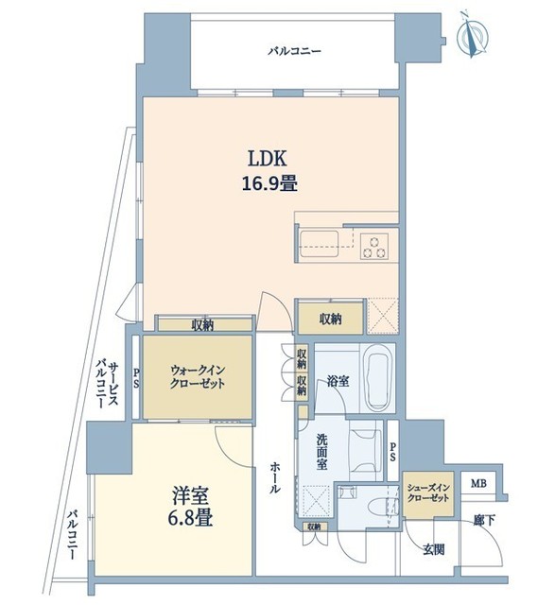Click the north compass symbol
tap(472, 36)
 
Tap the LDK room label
tap(267, 159)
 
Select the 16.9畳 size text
tap(269, 183)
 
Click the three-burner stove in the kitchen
tap(374, 247)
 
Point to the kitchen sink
tap(320, 244)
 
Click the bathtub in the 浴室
tap(378, 378)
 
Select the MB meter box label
tap(478, 483)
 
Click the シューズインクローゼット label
tap(428, 493)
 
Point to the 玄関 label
tap(433, 549)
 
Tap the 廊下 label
tap(484, 520)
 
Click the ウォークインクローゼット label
tap(198, 377)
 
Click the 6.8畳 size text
tap(190, 517)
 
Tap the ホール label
tap(275, 477)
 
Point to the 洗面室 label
tap(321, 452)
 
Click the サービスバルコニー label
tap(108, 384)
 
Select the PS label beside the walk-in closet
tap(136, 378)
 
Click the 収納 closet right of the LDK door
tap(330, 319)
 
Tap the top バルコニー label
tap(295, 51)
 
